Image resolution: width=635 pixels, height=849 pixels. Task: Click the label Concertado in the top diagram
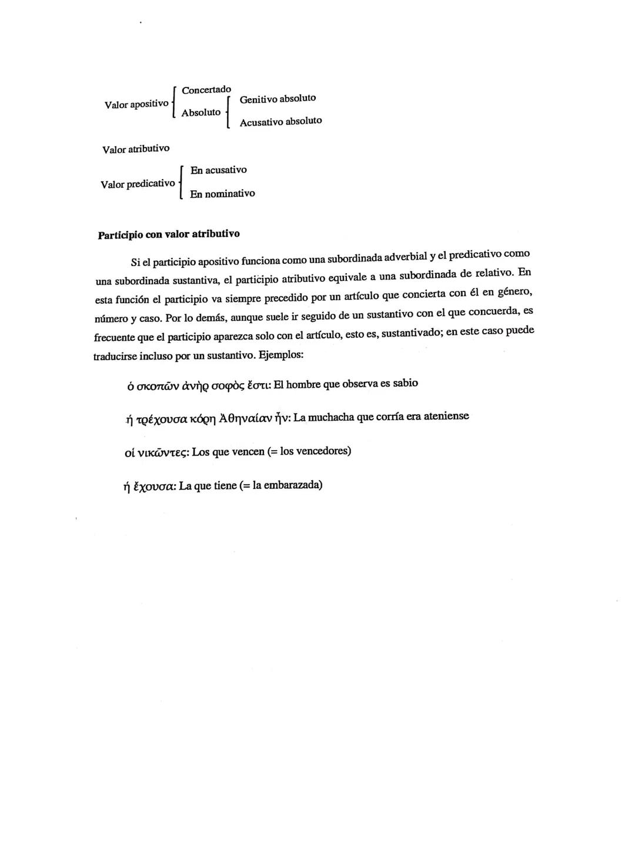point(206,90)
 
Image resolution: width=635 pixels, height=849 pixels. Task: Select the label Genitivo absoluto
point(278,99)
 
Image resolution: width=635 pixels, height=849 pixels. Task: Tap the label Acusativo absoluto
point(280,122)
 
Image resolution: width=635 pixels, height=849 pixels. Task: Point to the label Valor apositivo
point(136,105)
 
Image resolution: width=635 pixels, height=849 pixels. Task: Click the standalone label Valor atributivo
point(136,149)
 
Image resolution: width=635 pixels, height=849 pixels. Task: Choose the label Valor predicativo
point(138,184)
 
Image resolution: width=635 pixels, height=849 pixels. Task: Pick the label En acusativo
point(218,170)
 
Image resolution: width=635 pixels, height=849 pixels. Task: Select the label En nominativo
point(222,194)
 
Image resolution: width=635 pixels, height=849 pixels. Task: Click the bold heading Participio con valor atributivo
point(169,234)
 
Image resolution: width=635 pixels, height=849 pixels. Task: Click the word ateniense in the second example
point(446,417)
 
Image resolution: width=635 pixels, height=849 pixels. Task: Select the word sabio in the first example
point(406,384)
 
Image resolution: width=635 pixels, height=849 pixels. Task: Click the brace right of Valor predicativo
point(181,183)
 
